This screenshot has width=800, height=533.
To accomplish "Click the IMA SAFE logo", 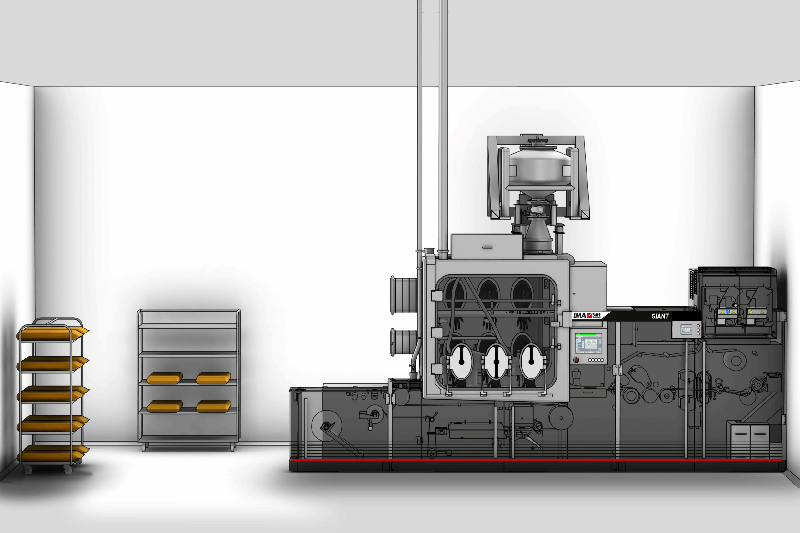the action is click(587, 315).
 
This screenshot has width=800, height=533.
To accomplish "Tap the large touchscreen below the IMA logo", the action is click(588, 343).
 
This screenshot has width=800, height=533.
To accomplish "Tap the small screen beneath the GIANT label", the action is click(686, 329).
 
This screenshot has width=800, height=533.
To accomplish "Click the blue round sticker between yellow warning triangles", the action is click(728, 312).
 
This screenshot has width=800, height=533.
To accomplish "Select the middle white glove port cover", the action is click(496, 361).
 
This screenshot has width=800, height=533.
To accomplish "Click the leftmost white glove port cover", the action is click(462, 361).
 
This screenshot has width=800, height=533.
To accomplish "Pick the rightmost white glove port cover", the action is click(531, 361).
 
